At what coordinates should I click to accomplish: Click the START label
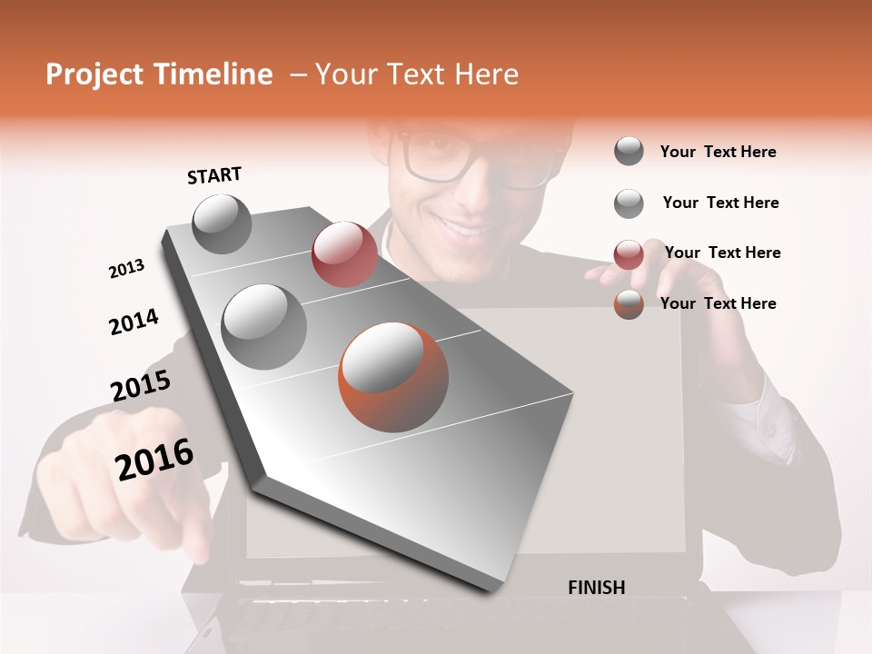pyautogui.click(x=214, y=175)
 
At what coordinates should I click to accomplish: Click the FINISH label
pyautogui.click(x=596, y=588)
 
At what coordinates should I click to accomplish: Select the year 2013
pyautogui.click(x=126, y=269)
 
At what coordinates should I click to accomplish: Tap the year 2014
pyautogui.click(x=134, y=322)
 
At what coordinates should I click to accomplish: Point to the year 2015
pyautogui.click(x=141, y=386)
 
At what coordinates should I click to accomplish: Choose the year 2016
pyautogui.click(x=154, y=460)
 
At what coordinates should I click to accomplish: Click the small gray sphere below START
pyautogui.click(x=222, y=223)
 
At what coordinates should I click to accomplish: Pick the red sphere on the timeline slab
pyautogui.click(x=344, y=253)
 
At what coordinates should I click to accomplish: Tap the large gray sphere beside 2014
pyautogui.click(x=264, y=326)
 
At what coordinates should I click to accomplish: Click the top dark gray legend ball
pyautogui.click(x=629, y=151)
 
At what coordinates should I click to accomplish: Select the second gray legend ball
pyautogui.click(x=629, y=203)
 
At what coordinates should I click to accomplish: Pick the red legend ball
pyautogui.click(x=629, y=254)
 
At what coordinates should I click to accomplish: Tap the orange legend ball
pyautogui.click(x=629, y=304)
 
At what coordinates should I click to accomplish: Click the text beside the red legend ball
pyautogui.click(x=722, y=253)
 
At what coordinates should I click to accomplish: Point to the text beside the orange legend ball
pyautogui.click(x=718, y=303)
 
